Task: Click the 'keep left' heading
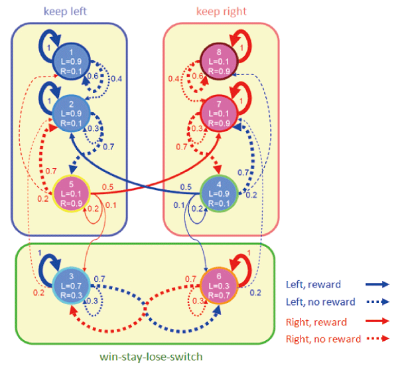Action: pos(65,12)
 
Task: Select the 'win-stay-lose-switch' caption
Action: pos(145,357)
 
